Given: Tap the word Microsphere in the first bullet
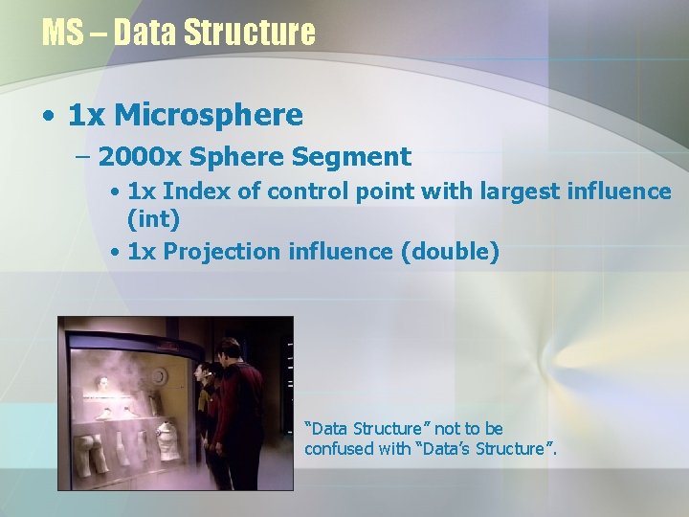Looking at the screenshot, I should pos(209,116).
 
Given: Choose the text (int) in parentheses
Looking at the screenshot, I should pos(153,219).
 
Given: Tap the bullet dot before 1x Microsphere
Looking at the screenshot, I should pos(48,117).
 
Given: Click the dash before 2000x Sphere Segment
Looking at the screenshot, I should pos(80,157).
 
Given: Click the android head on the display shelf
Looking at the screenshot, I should pos(100,385).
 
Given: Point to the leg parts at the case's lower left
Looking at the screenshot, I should pos(95,455).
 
